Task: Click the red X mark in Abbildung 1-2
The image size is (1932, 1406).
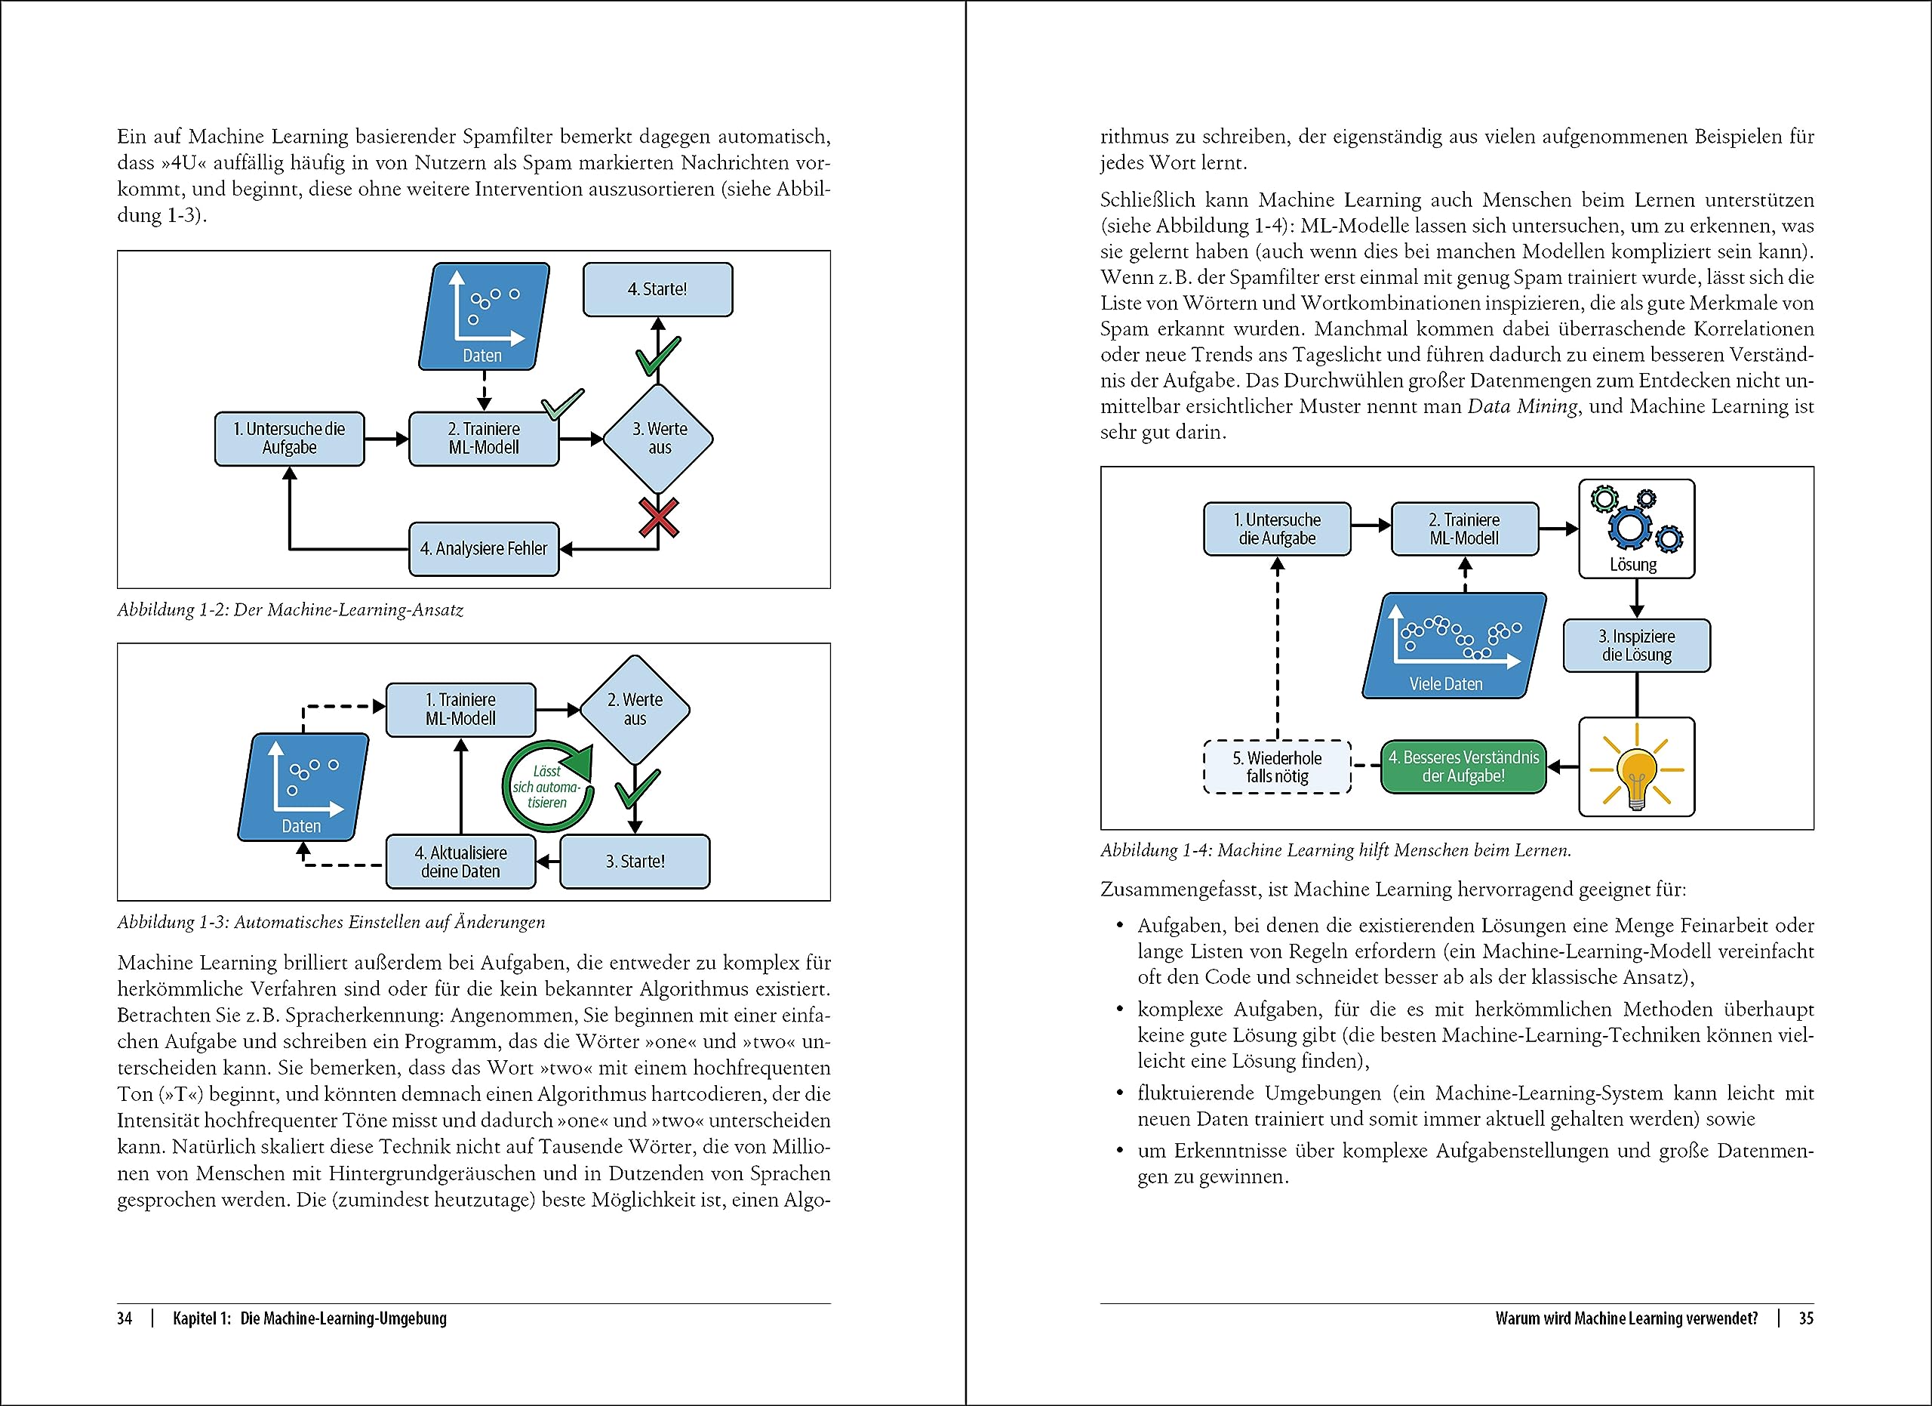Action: [x=659, y=518]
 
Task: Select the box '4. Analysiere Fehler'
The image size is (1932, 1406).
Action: [x=484, y=549]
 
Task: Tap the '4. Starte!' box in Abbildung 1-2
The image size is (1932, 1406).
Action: [x=657, y=290]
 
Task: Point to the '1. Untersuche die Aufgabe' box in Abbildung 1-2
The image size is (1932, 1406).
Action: [x=290, y=439]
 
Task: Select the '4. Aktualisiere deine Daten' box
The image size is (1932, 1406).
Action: [x=461, y=862]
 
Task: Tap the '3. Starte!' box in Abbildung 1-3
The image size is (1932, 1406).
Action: [x=635, y=862]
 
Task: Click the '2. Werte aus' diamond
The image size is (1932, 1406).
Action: [x=635, y=710]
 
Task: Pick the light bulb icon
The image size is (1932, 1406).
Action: [x=1636, y=768]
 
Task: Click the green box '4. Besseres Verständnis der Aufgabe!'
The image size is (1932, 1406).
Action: [x=1463, y=767]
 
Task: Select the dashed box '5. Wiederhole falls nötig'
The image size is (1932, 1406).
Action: [x=1278, y=767]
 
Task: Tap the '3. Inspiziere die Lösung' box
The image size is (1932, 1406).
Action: [x=1636, y=646]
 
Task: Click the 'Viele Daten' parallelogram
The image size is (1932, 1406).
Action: [x=1454, y=646]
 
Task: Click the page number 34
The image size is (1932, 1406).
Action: [x=125, y=1318]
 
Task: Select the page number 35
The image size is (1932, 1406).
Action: [x=1806, y=1318]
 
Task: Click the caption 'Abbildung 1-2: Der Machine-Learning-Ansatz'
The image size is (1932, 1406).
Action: [x=291, y=610]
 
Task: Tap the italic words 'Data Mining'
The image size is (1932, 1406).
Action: [x=1522, y=406]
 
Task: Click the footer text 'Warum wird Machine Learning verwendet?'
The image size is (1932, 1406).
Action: [x=1626, y=1318]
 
